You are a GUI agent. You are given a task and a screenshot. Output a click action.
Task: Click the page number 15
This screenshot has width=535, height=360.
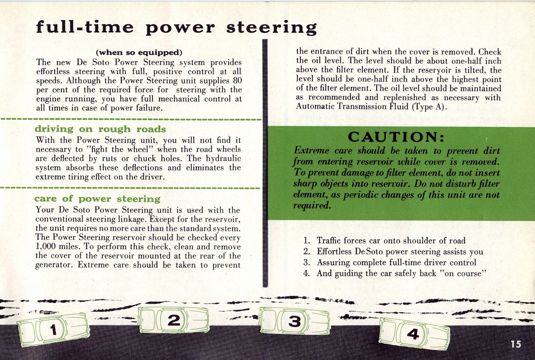[x=516, y=344]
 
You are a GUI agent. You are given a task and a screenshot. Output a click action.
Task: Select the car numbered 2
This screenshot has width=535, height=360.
[x=173, y=320]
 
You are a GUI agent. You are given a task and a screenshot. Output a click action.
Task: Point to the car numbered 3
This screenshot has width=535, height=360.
[x=295, y=321]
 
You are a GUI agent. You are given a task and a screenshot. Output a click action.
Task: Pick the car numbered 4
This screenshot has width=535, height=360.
[x=414, y=333]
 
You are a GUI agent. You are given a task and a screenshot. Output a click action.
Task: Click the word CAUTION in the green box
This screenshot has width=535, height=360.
[x=396, y=137]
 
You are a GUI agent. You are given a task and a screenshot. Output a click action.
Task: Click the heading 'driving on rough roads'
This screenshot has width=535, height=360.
[x=100, y=129]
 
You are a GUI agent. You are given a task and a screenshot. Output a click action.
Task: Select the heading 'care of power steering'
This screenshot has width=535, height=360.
[x=97, y=199]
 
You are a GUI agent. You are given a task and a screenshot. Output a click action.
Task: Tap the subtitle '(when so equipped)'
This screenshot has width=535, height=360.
[x=138, y=52]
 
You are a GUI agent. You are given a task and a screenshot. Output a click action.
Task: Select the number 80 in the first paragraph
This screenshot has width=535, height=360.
[x=237, y=80]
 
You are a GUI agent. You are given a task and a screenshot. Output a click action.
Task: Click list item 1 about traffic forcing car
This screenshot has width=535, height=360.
[x=384, y=241]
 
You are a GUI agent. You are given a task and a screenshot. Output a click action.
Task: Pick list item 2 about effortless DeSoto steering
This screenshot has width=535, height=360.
[x=393, y=252]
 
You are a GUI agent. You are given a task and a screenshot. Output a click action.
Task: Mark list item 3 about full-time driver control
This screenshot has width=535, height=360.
[x=389, y=262]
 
